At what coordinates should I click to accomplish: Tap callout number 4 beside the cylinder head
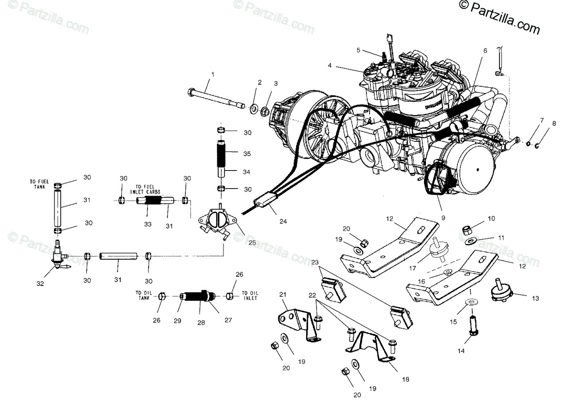pos(329,65)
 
